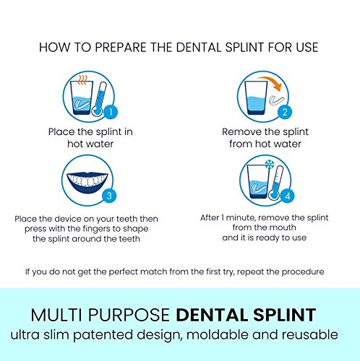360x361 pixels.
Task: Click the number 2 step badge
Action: click(x=285, y=112)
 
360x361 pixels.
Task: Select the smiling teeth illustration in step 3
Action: click(x=90, y=178)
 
